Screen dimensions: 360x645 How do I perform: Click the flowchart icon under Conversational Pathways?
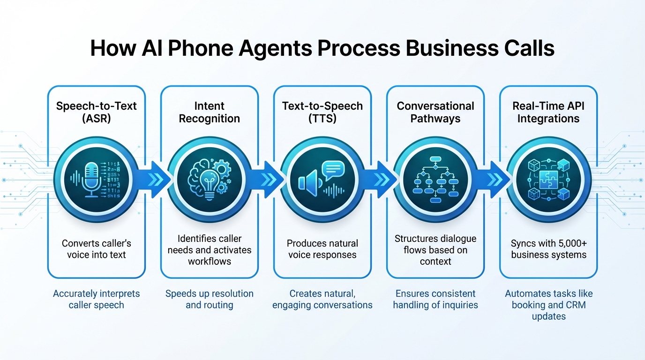coord(435,180)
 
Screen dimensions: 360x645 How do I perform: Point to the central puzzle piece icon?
coord(548,180)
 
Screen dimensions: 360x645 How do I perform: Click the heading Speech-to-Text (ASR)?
coord(96,112)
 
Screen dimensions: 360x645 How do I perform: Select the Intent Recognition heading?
coord(210,112)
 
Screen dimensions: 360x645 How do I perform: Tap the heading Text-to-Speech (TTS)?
coord(322,112)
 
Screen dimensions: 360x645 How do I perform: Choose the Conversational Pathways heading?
coord(435,112)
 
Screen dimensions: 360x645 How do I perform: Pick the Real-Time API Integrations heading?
coord(548,112)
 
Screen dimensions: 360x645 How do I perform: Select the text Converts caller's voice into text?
coord(96,249)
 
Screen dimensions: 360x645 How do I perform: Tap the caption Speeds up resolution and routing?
coord(210,299)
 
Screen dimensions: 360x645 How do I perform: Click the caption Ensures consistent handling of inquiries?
coord(435,299)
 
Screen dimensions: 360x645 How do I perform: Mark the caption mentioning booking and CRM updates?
coord(548,305)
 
